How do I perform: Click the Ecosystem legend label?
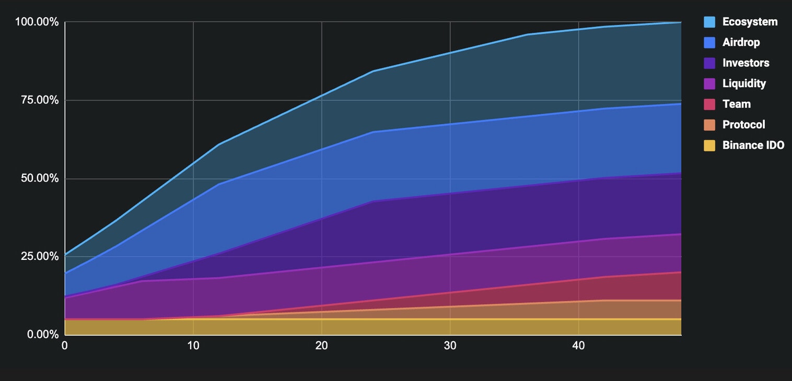pyautogui.click(x=750, y=22)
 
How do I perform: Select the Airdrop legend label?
pyautogui.click(x=741, y=42)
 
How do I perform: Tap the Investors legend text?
pyautogui.click(x=746, y=63)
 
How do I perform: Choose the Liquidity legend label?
pyautogui.click(x=744, y=84)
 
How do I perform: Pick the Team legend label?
pyautogui.click(x=736, y=104)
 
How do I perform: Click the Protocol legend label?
pyautogui.click(x=743, y=125)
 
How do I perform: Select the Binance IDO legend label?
pyautogui.click(x=753, y=146)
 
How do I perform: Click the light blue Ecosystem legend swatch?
pyautogui.click(x=709, y=22)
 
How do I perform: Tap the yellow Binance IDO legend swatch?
pyautogui.click(x=709, y=146)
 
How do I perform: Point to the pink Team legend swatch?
pyautogui.click(x=709, y=104)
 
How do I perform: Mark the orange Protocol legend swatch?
pyautogui.click(x=709, y=125)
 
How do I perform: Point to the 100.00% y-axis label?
pyautogui.click(x=37, y=22)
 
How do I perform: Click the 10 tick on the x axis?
pyautogui.click(x=193, y=346)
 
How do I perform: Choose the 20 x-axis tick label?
pyautogui.click(x=322, y=346)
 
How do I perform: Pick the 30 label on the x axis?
pyautogui.click(x=450, y=346)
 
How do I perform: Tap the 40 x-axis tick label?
pyautogui.click(x=578, y=346)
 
